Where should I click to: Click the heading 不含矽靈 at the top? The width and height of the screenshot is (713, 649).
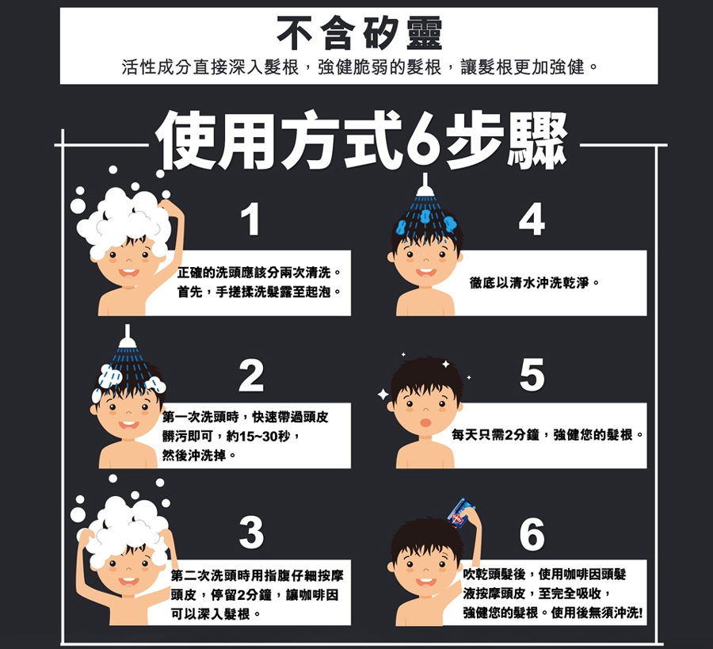point(359,33)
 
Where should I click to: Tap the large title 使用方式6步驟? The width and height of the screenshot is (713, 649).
point(362,140)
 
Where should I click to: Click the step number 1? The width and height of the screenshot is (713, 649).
point(250,220)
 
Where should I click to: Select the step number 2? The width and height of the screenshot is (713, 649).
point(251,375)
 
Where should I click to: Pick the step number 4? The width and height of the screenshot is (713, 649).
point(532,220)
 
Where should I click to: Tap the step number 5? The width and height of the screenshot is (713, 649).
point(532,375)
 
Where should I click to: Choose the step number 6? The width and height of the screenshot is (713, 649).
point(532,533)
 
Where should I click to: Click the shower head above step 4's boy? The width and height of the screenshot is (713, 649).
point(425,185)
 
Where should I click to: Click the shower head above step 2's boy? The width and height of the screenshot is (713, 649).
point(128,337)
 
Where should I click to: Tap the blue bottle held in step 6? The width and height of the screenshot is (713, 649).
point(462,513)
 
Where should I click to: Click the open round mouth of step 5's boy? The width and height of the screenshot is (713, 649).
point(425,422)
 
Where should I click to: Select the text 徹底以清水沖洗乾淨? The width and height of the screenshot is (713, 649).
point(529,283)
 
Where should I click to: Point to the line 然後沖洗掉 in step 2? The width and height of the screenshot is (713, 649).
point(194,456)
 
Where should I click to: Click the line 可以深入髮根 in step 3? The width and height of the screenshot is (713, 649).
point(210,614)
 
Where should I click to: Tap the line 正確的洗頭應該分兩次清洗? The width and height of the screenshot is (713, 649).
point(254,273)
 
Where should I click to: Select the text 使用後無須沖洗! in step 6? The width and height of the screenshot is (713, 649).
point(597,613)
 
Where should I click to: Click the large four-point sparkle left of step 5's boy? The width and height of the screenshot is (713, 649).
point(383,395)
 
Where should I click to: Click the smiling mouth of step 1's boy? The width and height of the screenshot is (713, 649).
point(128,273)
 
